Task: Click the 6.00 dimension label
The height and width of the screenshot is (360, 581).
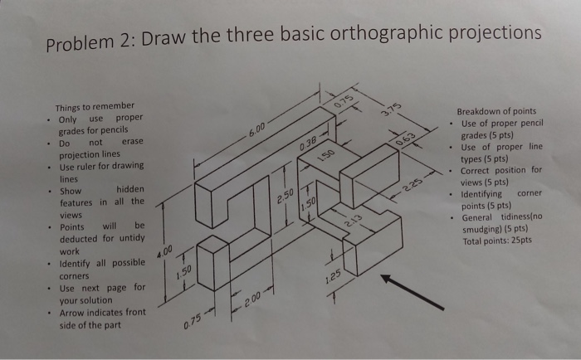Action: point(257,129)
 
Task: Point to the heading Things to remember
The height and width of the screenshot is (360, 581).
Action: point(94,107)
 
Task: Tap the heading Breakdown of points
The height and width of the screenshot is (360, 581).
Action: point(496,111)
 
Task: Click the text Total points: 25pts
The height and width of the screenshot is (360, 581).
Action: point(496,241)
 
